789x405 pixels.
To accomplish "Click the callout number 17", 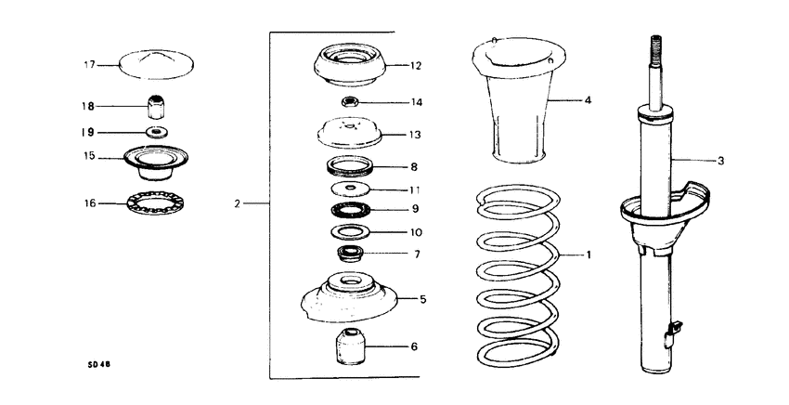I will (x=89, y=65).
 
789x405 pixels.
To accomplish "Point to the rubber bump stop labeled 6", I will (x=351, y=346).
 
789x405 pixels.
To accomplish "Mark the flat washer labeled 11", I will (x=350, y=189).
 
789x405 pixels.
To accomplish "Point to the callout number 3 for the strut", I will (x=720, y=161).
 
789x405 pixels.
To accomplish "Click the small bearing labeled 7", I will (x=351, y=252).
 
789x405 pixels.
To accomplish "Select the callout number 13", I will (x=415, y=135).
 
